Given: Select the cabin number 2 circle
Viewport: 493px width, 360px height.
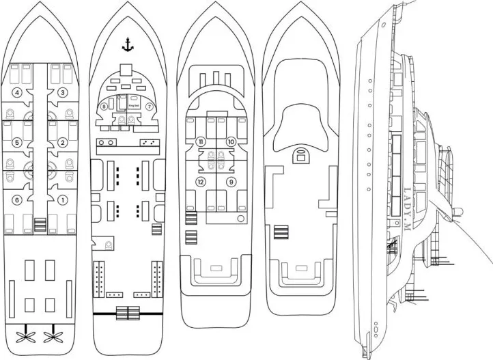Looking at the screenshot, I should pyautogui.click(x=62, y=143).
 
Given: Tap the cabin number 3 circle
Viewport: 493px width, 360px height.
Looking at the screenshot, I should pyautogui.click(x=62, y=92).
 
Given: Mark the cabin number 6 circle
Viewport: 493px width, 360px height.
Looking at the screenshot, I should pyautogui.click(x=18, y=200).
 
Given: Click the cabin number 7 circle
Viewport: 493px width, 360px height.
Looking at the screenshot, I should pyautogui.click(x=149, y=107).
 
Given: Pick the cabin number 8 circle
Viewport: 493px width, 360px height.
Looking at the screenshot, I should pyautogui.click(x=104, y=107).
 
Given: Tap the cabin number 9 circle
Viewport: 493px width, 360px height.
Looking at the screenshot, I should pyautogui.click(x=231, y=182).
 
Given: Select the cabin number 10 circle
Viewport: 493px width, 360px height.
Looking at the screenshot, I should pyautogui.click(x=231, y=141).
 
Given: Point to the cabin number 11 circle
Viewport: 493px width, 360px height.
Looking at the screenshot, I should pyautogui.click(x=201, y=141).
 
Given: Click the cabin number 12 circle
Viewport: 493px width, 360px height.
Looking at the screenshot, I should pyautogui.click(x=201, y=182).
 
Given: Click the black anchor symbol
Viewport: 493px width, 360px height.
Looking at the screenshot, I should pyautogui.click(x=126, y=46).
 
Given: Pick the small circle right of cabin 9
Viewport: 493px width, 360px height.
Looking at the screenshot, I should pyautogui.click(x=242, y=218).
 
